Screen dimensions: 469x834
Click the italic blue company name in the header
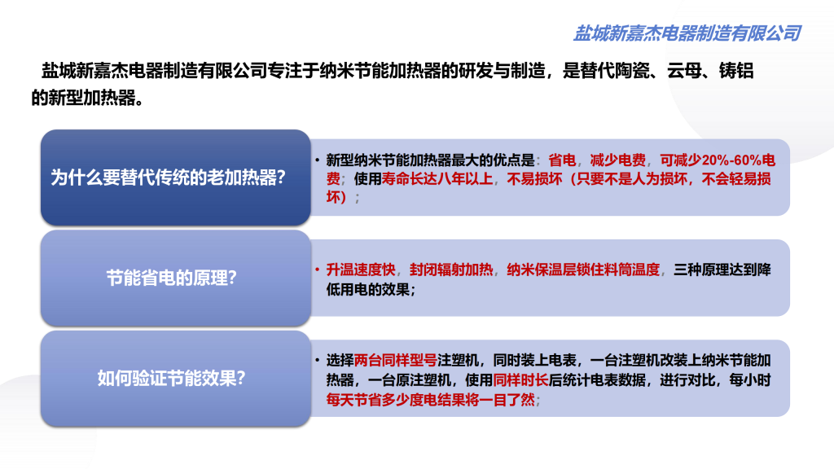pos(687,33)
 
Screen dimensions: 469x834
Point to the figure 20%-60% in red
pos(725,160)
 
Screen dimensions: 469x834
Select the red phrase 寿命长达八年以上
pos(438,179)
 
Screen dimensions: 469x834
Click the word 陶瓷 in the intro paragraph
pos(626,72)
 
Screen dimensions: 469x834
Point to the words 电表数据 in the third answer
pos(629,379)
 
